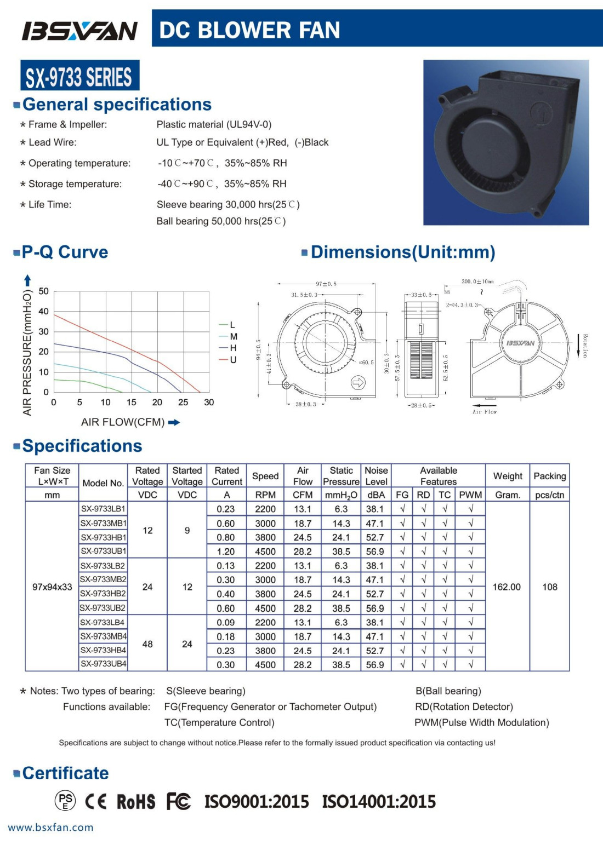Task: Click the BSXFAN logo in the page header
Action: tap(79, 31)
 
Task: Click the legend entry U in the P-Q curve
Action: tap(233, 360)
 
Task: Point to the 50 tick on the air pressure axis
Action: tap(43, 291)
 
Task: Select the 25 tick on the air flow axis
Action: tap(183, 403)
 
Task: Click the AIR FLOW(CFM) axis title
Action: tap(123, 422)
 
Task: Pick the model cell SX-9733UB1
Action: tap(104, 551)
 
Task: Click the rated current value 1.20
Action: tap(225, 552)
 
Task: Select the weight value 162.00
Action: tap(507, 587)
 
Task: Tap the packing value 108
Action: tap(549, 587)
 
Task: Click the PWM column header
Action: tap(470, 495)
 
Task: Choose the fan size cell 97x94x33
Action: tap(52, 587)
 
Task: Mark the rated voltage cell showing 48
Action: tap(147, 644)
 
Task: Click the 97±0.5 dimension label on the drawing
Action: tap(326, 284)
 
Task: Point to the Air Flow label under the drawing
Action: tap(485, 412)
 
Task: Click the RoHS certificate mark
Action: tap(136, 802)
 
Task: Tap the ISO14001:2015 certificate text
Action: tap(379, 802)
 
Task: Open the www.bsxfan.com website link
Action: tap(50, 828)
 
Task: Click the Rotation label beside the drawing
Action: tap(585, 346)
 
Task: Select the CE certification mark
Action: tap(96, 802)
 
